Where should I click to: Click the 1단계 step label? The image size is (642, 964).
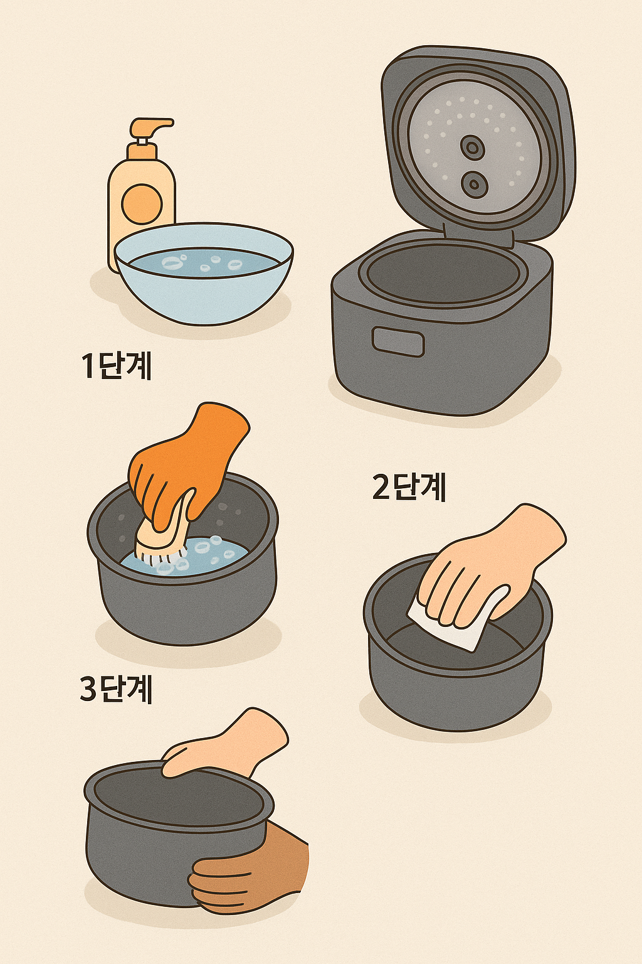point(117,365)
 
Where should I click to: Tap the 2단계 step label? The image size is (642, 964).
point(409,486)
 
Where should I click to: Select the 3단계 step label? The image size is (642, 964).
point(117,688)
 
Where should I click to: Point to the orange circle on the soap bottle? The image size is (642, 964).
point(142,204)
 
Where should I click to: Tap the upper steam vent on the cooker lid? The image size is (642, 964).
point(472,147)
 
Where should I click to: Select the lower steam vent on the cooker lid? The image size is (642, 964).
point(475,184)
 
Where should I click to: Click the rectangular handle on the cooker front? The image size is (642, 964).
point(398,341)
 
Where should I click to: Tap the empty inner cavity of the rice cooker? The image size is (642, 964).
point(442,273)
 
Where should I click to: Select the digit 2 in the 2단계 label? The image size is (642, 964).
point(381,487)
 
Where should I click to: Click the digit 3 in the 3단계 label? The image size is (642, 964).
point(88,688)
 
